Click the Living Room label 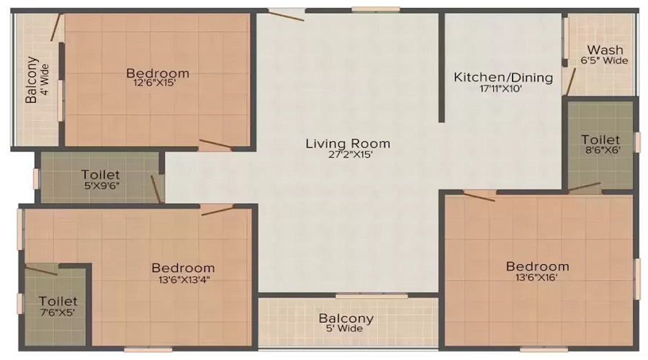[348, 143]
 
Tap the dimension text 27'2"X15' [348, 154]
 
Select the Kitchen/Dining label [503, 77]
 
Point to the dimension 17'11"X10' [503, 89]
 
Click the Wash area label [605, 50]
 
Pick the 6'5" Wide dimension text [605, 60]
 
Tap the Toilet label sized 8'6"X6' [600, 139]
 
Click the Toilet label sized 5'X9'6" [100, 174]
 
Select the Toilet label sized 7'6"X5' [58, 301]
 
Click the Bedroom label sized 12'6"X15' [158, 73]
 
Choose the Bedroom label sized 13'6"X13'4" [184, 268]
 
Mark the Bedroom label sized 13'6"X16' [537, 266]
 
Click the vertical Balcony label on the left [32, 81]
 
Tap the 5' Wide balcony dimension [346, 328]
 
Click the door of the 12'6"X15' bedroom [215, 145]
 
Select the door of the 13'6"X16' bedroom [479, 195]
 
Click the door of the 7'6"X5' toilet [42, 269]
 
